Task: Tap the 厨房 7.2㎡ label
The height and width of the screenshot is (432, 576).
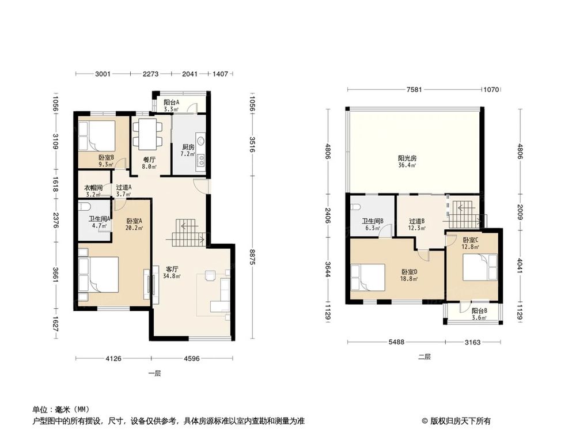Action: click(188, 150)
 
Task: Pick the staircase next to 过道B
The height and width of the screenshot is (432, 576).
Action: click(463, 214)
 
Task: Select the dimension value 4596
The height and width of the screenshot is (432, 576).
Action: click(192, 359)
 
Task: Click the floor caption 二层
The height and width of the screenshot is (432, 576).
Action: click(424, 357)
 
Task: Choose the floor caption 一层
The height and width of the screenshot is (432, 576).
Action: click(154, 373)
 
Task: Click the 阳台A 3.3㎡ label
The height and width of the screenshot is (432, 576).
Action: click(171, 105)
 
